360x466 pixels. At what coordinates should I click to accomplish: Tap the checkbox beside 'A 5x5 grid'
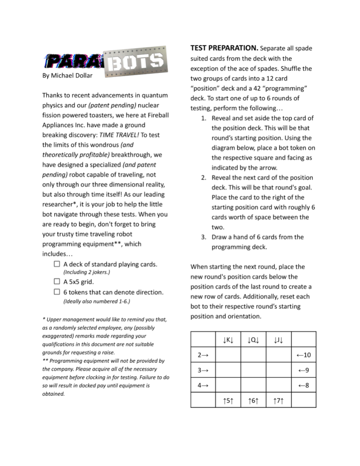point(57,281)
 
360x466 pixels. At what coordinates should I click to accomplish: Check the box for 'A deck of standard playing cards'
point(57,264)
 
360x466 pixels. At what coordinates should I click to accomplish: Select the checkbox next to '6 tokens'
point(57,292)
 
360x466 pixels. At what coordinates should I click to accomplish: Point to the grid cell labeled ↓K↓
point(228,339)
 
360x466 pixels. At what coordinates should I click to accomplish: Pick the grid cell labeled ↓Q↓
point(253,339)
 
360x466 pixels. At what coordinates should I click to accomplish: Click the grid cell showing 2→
point(203,355)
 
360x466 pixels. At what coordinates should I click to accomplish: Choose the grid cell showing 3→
point(203,370)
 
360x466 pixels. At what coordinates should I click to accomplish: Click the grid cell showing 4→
point(203,385)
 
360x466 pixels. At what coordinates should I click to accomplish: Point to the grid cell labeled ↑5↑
point(228,401)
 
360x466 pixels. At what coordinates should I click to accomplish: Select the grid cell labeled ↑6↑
point(253,401)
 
